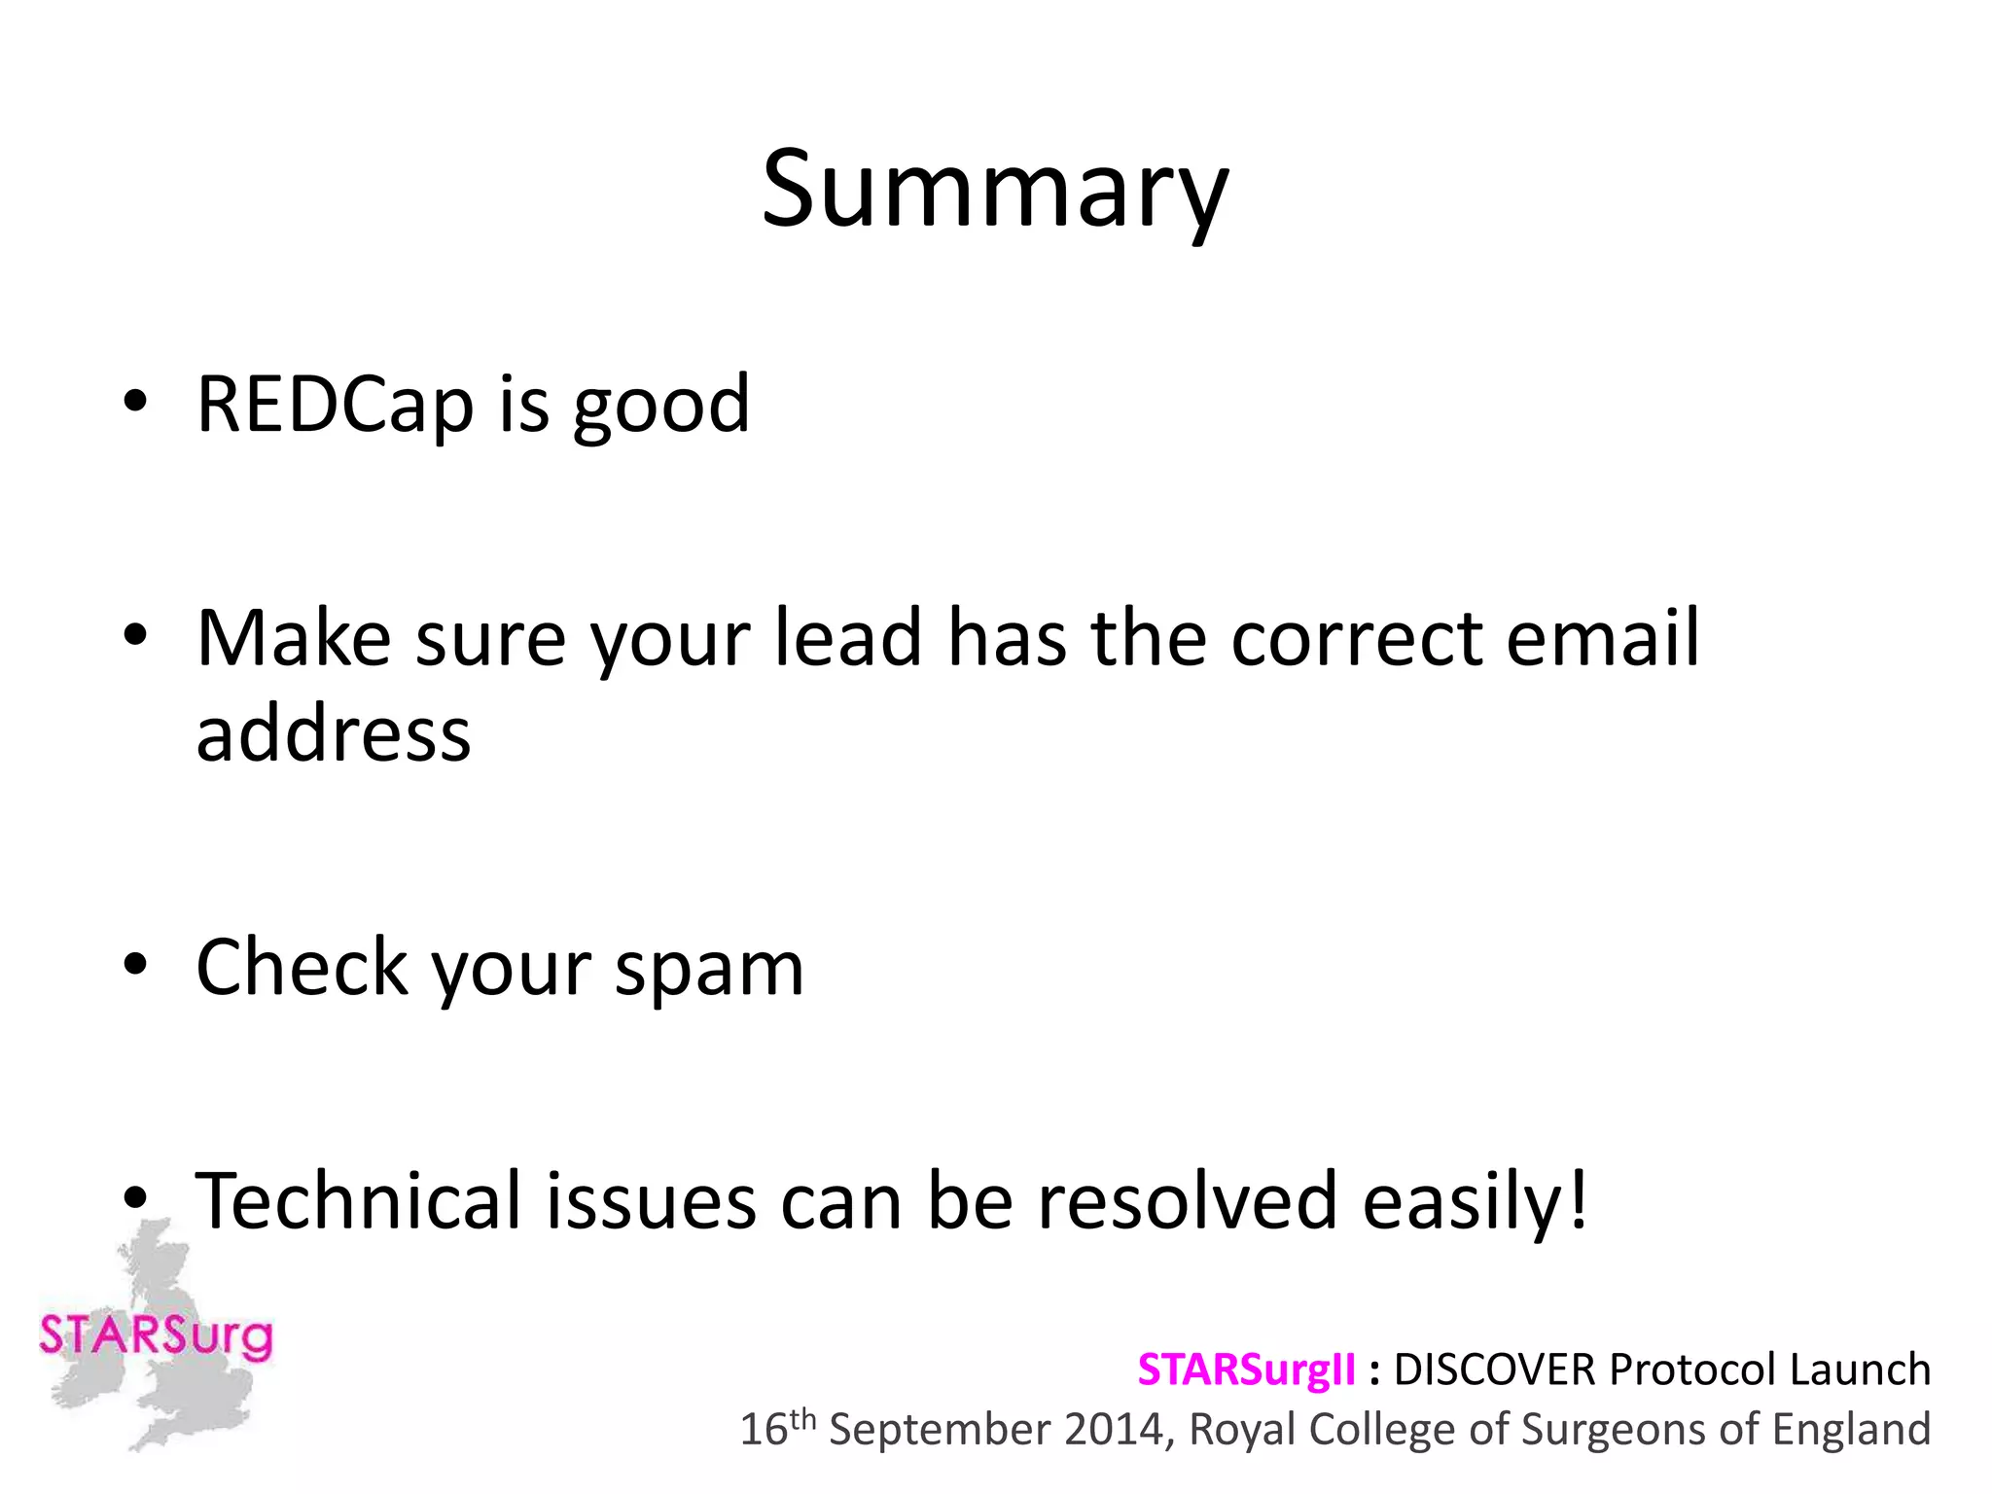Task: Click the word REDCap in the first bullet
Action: point(335,405)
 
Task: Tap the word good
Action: point(661,407)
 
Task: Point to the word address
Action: point(334,733)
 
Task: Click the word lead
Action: point(847,638)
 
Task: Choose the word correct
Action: point(1356,640)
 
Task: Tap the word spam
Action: point(709,971)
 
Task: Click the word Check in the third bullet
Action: point(302,967)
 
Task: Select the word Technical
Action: point(358,1200)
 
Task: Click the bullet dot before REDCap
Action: point(135,401)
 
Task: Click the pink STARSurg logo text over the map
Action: point(156,1334)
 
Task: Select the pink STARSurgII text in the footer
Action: point(1246,1369)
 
